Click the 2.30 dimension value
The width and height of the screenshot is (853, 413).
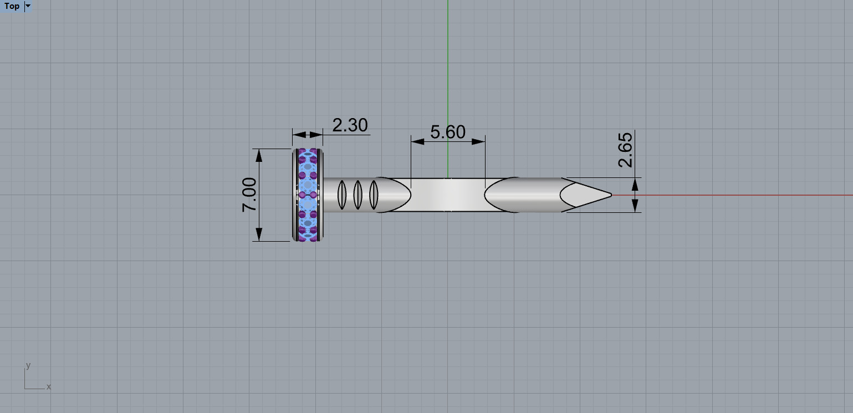pos(350,125)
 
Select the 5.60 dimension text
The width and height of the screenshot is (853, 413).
pos(448,132)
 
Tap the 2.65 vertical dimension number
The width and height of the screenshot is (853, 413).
pos(625,150)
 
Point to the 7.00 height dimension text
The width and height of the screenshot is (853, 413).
pos(249,195)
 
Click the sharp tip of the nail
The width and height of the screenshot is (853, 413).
pos(610,195)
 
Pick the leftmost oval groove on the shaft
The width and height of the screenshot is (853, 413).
pos(342,195)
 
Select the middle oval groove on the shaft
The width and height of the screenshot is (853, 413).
pos(358,195)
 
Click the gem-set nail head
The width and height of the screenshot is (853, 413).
pos(308,195)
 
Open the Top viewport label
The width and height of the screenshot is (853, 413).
pos(12,6)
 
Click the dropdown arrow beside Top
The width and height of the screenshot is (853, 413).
pos(28,6)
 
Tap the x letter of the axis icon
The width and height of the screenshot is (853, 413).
pos(49,386)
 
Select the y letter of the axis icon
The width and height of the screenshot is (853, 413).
pos(28,366)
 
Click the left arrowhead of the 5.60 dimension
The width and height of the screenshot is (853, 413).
pos(416,141)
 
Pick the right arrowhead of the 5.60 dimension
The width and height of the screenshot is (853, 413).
pos(480,141)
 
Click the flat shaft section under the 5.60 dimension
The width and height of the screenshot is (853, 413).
pos(448,195)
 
